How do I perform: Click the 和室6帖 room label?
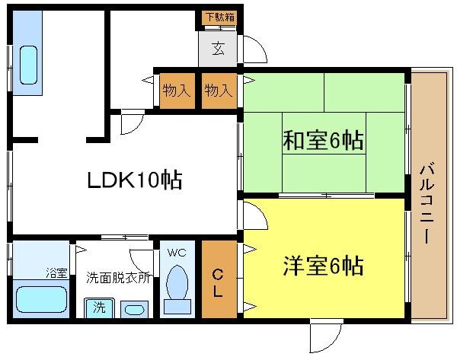[322, 141]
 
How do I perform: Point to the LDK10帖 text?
[133, 180]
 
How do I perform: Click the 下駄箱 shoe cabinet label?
[219, 17]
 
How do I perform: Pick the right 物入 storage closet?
[219, 91]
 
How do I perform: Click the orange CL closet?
[219, 279]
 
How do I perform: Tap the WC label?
[177, 253]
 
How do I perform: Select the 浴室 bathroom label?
[56, 272]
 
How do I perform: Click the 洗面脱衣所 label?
[118, 279]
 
